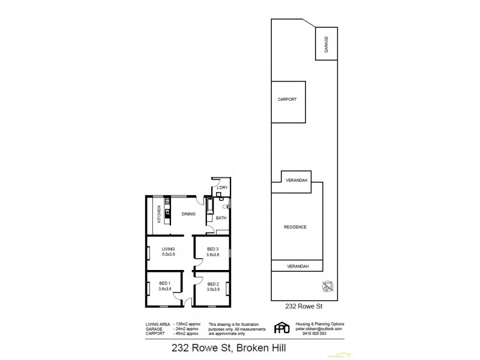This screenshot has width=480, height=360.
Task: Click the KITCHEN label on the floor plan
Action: (x=159, y=214)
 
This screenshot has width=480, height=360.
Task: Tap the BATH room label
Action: (x=220, y=218)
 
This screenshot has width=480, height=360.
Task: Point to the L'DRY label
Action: (x=222, y=188)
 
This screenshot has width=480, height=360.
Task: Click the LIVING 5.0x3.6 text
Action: (x=168, y=251)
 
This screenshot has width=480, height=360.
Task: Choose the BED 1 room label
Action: (x=165, y=286)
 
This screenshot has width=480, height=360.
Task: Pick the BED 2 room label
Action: (x=213, y=286)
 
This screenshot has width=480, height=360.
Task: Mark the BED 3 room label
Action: (x=213, y=251)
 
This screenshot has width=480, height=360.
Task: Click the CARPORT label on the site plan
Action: (x=287, y=100)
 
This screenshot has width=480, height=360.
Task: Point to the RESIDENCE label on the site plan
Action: (x=295, y=227)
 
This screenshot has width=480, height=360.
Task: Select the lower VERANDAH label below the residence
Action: (x=297, y=266)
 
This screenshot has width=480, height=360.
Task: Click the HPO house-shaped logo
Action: (x=280, y=328)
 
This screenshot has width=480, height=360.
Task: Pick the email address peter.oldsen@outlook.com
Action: (x=319, y=329)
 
